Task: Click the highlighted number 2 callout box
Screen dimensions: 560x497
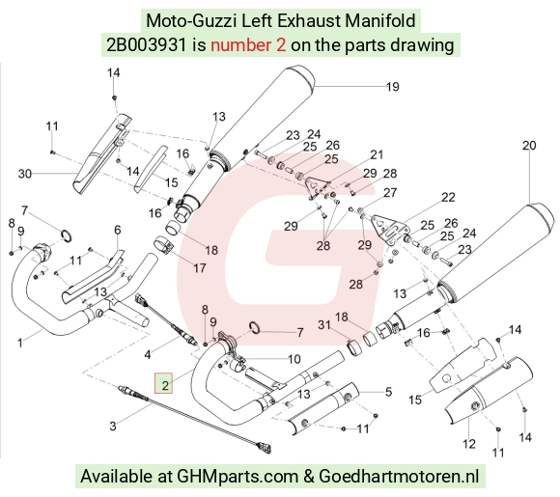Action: pos(163,383)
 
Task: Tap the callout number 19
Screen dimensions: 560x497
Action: pos(393,87)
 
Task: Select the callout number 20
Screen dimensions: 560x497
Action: pos(529,146)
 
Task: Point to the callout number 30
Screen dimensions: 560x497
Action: pos(25,174)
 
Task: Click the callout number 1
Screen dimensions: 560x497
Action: pos(20,344)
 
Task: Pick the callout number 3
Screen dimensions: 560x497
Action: pos(113,426)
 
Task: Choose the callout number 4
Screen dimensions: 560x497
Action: pos(148,355)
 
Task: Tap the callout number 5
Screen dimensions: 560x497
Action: pos(388,392)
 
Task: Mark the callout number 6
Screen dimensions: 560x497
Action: pos(118,230)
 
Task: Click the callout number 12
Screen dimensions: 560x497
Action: pos(469,444)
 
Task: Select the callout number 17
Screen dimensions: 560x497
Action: pos(199,267)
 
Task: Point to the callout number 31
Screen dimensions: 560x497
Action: pos(323,324)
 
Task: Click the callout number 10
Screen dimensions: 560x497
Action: pos(294,359)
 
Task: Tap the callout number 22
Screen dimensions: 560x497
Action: pos(448,197)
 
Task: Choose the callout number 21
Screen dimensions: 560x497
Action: pos(377,154)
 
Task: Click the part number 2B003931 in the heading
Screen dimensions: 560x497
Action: pos(147,45)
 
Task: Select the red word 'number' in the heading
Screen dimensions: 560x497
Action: pos(243,45)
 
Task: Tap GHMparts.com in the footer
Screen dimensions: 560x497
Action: pos(238,477)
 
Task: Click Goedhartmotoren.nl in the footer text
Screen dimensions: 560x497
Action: pos(399,476)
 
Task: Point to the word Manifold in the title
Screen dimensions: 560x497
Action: pos(380,20)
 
